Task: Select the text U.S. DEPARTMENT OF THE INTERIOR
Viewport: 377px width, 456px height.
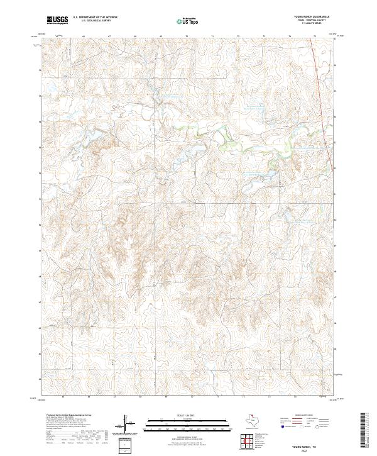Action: click(x=95, y=18)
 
